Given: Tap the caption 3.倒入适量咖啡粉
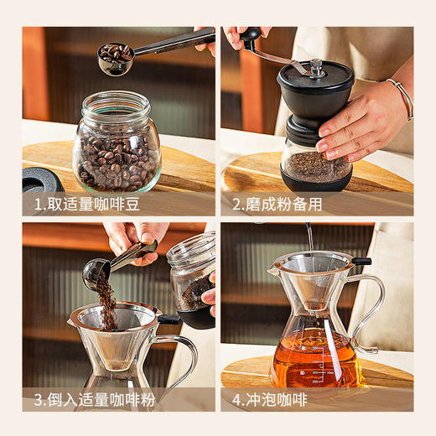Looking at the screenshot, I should pos(95,400).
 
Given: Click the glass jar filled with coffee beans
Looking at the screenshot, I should pos(117,151).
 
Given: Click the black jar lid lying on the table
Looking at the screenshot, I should pos(41,179).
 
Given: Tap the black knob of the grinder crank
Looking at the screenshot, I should pos(250,34).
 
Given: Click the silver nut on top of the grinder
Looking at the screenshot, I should pos(316,66).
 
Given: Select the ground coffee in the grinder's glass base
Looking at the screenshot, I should pos(316,167).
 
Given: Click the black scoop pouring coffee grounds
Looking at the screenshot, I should pos(96,271).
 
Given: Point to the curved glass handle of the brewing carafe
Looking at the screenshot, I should pos(370,310).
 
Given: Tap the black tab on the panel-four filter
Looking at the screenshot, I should pos(361,262).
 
